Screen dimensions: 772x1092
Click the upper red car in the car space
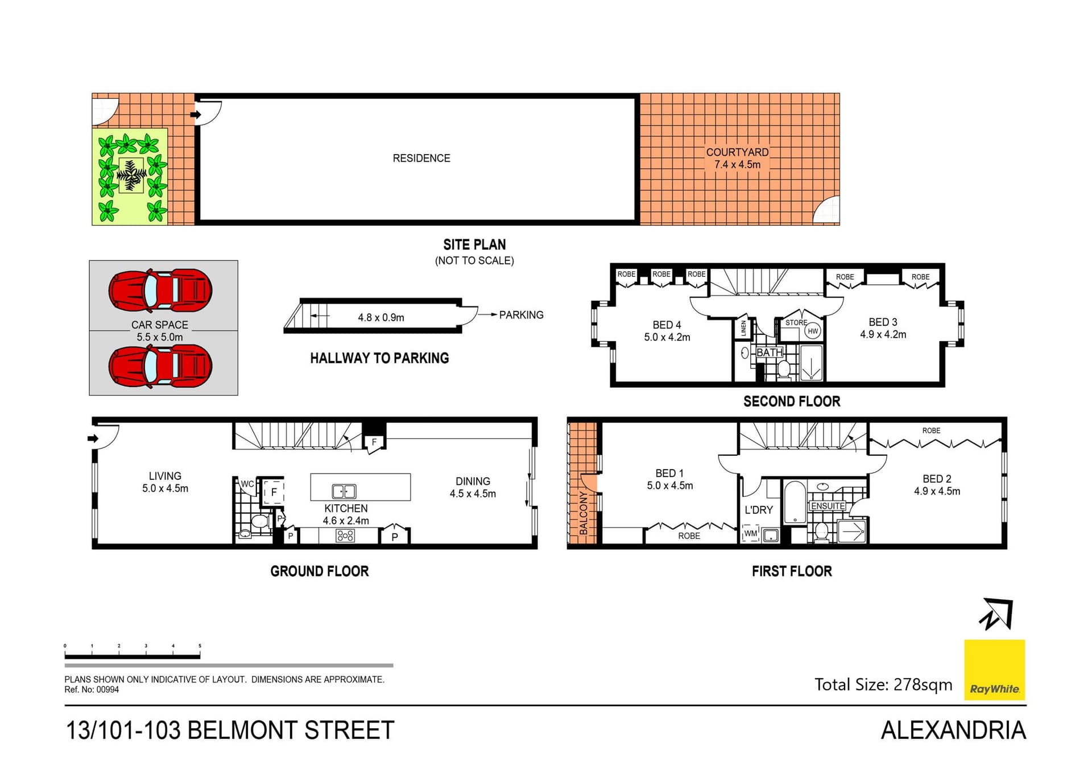click(160, 290)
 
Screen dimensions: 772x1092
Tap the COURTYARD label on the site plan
click(737, 152)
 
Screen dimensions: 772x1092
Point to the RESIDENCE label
click(421, 158)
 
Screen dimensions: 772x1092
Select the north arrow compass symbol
click(996, 614)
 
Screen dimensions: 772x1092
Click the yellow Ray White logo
click(994, 670)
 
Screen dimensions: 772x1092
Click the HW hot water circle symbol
click(813, 331)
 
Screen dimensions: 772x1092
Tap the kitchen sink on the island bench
click(344, 491)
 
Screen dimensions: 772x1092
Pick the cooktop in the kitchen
click(345, 536)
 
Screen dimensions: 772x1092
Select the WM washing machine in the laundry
click(751, 534)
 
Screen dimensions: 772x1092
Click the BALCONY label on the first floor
click(584, 513)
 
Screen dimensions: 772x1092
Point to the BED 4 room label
click(667, 325)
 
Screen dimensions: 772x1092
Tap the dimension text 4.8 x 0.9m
click(381, 318)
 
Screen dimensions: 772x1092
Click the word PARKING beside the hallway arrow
click(521, 315)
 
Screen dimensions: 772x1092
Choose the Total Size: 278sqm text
click(883, 684)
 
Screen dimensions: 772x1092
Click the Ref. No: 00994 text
click(92, 690)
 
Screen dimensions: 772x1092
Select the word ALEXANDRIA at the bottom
click(953, 731)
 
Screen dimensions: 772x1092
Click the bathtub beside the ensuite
click(795, 503)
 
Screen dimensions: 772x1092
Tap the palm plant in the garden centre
click(131, 175)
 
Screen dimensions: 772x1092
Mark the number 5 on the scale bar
click(200, 646)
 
